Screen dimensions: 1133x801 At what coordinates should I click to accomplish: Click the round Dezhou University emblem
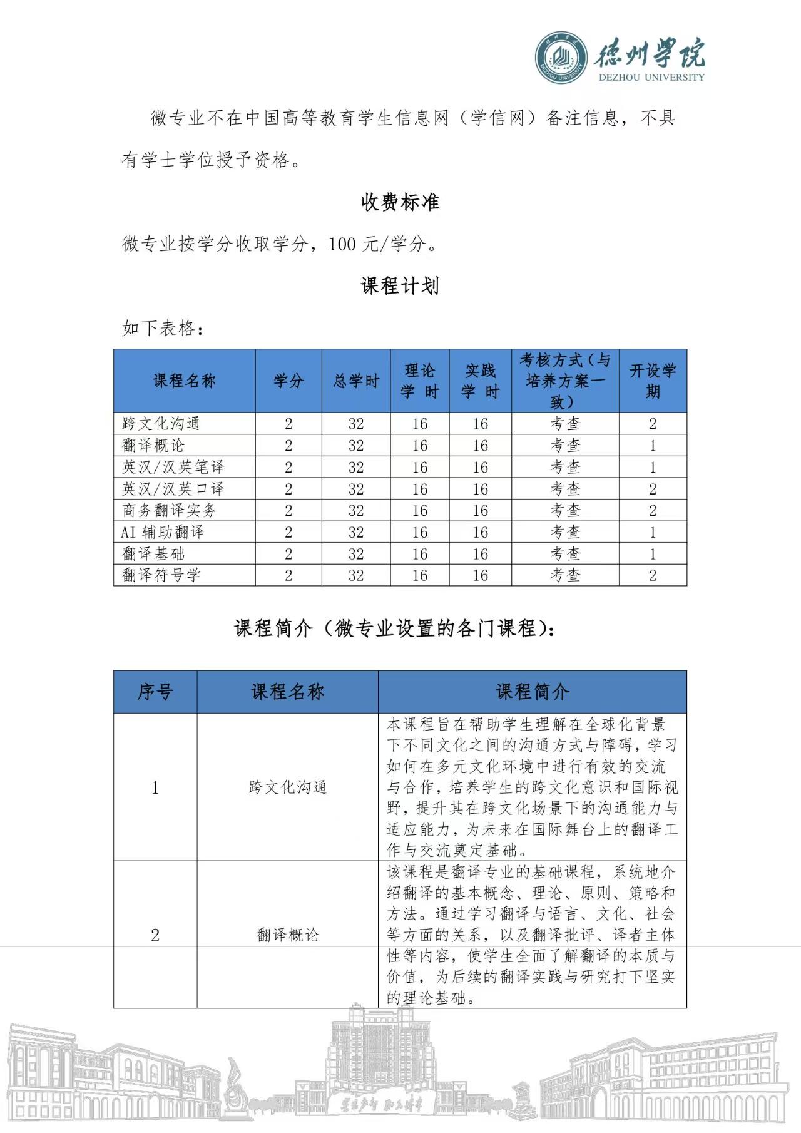point(561,58)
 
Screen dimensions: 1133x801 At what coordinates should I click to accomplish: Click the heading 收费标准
point(400,202)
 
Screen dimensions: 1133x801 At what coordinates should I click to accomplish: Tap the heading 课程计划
point(400,286)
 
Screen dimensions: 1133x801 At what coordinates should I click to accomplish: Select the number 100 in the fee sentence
point(342,244)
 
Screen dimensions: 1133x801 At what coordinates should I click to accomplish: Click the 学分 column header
point(288,381)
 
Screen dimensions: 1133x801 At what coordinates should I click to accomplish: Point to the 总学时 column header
point(356,381)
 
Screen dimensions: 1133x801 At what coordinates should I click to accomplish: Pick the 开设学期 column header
point(653,381)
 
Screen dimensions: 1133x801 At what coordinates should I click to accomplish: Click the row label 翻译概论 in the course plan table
point(153,446)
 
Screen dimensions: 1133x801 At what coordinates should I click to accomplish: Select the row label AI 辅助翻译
point(163,532)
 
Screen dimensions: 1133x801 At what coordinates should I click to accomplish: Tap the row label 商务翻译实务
point(170,510)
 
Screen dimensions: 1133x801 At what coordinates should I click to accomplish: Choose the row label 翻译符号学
point(161,575)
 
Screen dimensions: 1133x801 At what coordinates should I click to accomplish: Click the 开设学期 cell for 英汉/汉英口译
point(653,489)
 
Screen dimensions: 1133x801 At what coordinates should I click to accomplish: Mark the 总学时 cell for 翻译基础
point(356,554)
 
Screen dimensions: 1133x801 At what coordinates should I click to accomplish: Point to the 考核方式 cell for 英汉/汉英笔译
point(565,467)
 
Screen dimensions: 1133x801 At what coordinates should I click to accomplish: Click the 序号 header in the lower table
point(155,692)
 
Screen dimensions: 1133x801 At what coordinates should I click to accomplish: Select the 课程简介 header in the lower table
point(532,692)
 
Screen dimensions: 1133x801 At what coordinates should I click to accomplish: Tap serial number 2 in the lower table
point(155,935)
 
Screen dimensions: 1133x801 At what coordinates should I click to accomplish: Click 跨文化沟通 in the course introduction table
point(287,787)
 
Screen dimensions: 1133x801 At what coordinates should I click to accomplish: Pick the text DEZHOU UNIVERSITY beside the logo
point(651,78)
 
